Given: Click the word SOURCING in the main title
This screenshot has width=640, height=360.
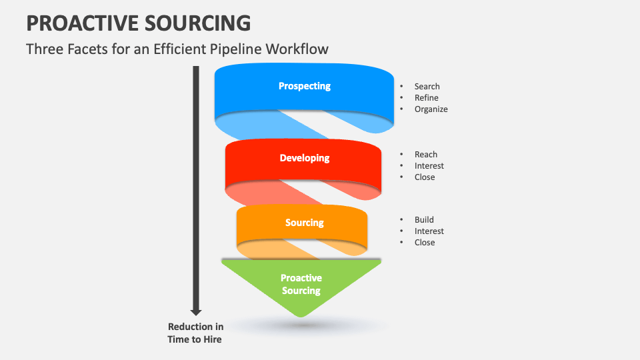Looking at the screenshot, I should click(x=200, y=23).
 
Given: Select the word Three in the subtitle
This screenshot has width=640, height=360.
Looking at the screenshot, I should click(x=45, y=49).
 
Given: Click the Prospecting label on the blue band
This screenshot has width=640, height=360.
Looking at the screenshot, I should click(x=304, y=86).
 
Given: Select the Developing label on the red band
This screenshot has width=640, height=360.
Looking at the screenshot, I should click(x=304, y=158).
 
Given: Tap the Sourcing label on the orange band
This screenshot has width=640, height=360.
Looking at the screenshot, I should click(x=304, y=223).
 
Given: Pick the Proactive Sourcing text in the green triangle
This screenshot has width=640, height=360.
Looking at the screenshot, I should click(x=301, y=284).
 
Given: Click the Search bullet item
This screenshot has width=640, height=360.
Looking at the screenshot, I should click(x=427, y=87).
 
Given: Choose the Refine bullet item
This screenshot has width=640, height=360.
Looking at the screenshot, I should click(x=426, y=98).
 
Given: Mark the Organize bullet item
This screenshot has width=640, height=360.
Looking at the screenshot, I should click(x=431, y=109).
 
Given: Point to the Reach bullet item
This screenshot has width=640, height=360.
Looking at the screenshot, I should click(x=425, y=155).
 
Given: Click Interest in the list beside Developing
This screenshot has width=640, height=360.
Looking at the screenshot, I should click(x=429, y=166).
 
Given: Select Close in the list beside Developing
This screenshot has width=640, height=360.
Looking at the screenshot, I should click(x=425, y=177).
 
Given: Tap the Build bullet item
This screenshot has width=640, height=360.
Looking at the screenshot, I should click(x=424, y=220).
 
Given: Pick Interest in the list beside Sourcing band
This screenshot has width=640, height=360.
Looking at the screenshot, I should click(x=429, y=231).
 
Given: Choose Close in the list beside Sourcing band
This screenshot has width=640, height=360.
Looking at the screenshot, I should click(x=425, y=243).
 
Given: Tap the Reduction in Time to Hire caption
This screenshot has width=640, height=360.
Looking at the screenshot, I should click(x=195, y=333).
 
